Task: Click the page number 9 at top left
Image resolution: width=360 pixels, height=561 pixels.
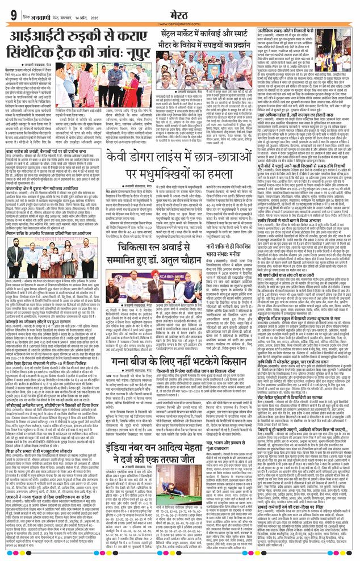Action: click(x=13, y=14)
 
